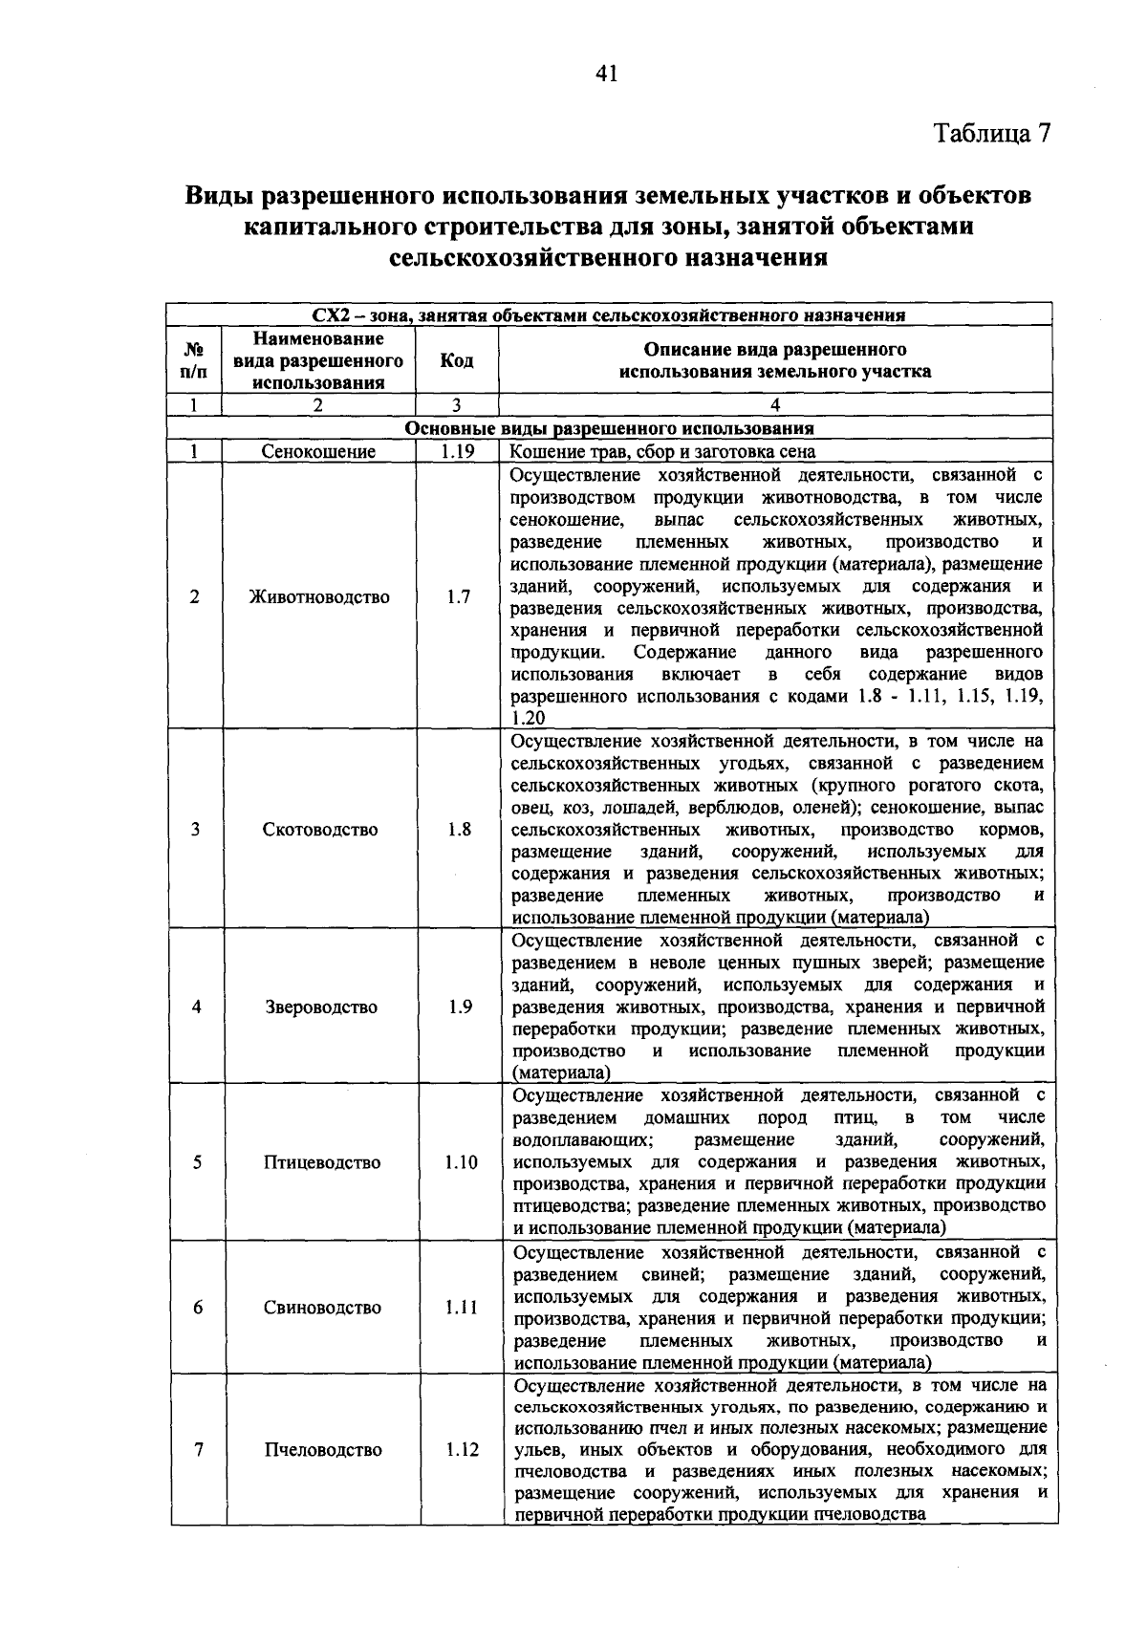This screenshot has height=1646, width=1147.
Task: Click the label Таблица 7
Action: pos(993,133)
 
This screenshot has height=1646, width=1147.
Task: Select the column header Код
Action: pos(457,360)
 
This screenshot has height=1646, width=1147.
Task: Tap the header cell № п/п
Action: pos(194,360)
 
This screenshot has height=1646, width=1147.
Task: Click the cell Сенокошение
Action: pos(319,452)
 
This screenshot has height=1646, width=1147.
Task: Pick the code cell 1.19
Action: pos(458,452)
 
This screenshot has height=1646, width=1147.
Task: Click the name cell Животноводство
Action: pos(319,597)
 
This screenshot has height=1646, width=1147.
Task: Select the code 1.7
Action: pos(458,597)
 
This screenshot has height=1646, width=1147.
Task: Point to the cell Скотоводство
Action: pos(320,830)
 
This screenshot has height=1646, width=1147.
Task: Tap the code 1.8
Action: pos(459,830)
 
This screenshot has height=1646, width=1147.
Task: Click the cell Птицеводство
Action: pos(322,1162)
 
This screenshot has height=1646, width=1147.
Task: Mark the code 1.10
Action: pos(461,1162)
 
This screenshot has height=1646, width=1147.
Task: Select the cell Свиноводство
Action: pos(322,1308)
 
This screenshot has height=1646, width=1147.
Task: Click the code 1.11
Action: pos(461,1308)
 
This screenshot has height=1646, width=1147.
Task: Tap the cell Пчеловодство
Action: pos(323,1450)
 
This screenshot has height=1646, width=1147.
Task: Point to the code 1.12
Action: pos(462,1450)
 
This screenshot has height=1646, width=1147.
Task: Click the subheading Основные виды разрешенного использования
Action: pos(610,429)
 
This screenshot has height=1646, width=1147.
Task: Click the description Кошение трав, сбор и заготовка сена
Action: pos(662,452)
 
